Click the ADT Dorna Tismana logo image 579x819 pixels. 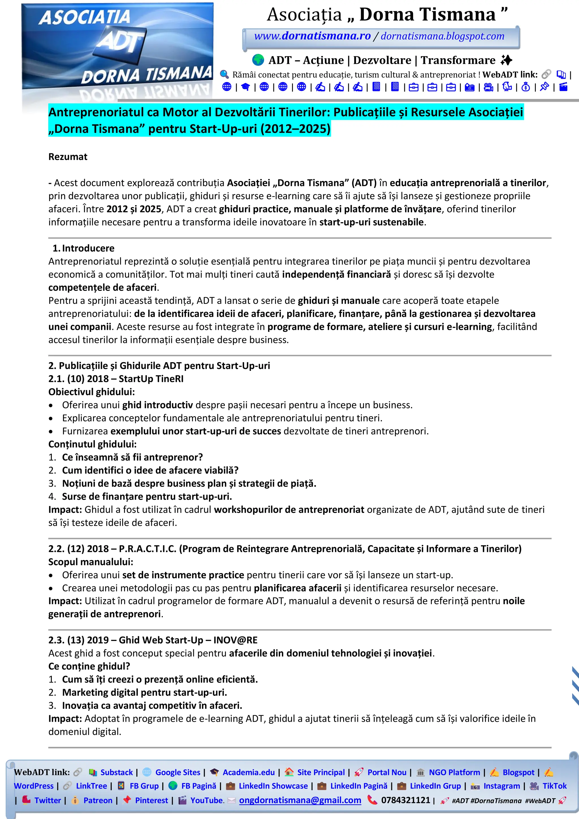[x=117, y=52]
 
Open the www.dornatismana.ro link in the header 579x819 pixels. [x=312, y=36]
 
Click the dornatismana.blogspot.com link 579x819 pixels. [x=442, y=36]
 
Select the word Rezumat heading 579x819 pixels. [x=68, y=157]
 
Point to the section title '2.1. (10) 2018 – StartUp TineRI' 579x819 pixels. [x=116, y=379]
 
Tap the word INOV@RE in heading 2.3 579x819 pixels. [x=236, y=640]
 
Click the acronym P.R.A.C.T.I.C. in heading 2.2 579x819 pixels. [x=147, y=549]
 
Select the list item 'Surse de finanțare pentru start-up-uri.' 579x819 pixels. [x=147, y=496]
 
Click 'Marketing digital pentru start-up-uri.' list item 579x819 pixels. [x=144, y=693]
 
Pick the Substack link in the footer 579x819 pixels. [x=116, y=772]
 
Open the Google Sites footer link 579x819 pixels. [x=178, y=772]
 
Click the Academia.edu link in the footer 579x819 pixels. [x=249, y=772]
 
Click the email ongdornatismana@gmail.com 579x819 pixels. [x=300, y=800]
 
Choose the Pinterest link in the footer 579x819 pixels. [x=151, y=800]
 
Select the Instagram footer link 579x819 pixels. [x=502, y=786]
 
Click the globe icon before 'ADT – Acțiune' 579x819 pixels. [x=258, y=60]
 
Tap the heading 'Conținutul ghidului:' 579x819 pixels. [x=92, y=444]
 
